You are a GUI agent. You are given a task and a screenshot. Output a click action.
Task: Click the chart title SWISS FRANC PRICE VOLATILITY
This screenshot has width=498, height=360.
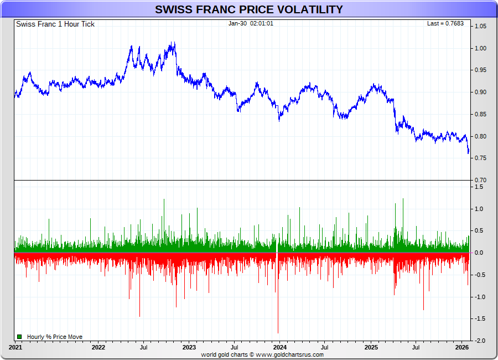click(248, 9)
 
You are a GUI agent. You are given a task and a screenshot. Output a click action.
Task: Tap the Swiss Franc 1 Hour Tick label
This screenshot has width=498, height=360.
click(55, 24)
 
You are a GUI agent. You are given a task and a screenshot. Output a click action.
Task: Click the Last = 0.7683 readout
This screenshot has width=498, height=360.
click(445, 23)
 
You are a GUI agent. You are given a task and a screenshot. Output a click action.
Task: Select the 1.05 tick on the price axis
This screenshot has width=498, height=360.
click(480, 26)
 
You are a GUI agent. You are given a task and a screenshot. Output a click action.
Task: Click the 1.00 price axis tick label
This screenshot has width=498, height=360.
click(480, 48)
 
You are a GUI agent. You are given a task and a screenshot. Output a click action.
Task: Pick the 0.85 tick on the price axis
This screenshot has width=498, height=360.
click(480, 115)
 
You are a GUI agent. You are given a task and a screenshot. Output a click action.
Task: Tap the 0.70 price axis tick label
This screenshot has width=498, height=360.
click(480, 181)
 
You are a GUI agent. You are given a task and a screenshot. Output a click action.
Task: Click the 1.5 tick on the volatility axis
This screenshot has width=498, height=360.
click(478, 187)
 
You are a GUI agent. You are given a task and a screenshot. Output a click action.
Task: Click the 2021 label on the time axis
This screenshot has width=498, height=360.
click(15, 348)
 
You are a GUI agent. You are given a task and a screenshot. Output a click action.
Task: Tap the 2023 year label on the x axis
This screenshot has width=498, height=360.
click(189, 348)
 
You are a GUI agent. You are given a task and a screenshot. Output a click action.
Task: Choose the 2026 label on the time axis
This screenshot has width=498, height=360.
click(462, 348)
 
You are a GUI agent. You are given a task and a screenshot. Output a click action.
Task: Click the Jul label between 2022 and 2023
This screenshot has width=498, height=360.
click(144, 348)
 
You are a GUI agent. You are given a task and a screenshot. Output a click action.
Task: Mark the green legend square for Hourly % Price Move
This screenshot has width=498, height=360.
click(19, 336)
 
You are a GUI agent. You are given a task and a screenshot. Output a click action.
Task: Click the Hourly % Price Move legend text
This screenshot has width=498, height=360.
click(55, 337)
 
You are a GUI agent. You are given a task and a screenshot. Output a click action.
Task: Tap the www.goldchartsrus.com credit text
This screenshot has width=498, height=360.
click(290, 354)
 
